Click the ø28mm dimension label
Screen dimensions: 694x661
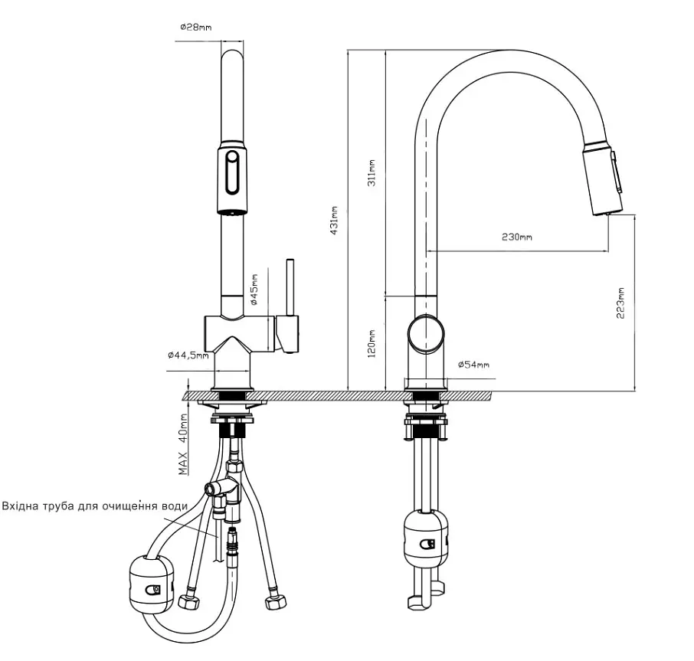tap(195, 28)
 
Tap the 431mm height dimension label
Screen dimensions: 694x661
tap(334, 221)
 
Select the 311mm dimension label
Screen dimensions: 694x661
tap(372, 173)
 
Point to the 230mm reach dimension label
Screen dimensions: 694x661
tap(517, 237)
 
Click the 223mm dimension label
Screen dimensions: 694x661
tap(620, 303)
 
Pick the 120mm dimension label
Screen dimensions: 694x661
tap(372, 343)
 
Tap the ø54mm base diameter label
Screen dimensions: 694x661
tap(473, 365)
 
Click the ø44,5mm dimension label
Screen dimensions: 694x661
tap(188, 355)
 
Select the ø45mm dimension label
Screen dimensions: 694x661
tap(254, 290)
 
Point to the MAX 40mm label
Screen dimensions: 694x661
tap(183, 444)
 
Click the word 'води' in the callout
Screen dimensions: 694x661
tap(175, 506)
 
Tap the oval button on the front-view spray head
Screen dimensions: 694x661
tap(232, 172)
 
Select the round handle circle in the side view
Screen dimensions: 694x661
tap(426, 334)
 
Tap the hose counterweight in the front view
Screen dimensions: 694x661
tap(152, 585)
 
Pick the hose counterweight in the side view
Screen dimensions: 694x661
tap(426, 540)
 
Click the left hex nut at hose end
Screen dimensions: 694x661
tap(189, 601)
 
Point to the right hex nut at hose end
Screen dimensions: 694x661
tap(275, 602)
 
